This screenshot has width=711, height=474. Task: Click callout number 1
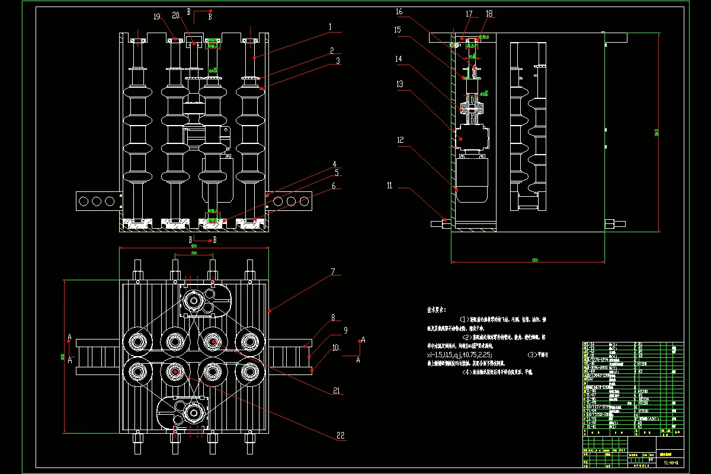tap(331, 27)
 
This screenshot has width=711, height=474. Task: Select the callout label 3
tap(337, 60)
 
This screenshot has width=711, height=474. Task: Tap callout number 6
tap(334, 185)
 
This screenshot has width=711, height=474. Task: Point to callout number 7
tap(333, 272)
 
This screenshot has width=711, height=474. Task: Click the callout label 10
tap(336, 348)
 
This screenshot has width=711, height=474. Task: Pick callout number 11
tap(389, 185)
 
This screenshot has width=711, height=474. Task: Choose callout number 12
tap(400, 140)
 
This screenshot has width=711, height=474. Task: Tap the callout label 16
tap(399, 11)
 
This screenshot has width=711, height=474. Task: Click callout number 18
tap(489, 13)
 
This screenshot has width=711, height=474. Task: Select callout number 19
tap(156, 17)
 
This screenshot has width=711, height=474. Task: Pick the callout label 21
tap(337, 390)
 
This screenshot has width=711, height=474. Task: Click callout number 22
tap(340, 435)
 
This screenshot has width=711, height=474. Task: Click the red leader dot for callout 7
tap(270, 310)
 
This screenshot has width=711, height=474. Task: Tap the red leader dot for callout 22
tap(176, 371)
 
